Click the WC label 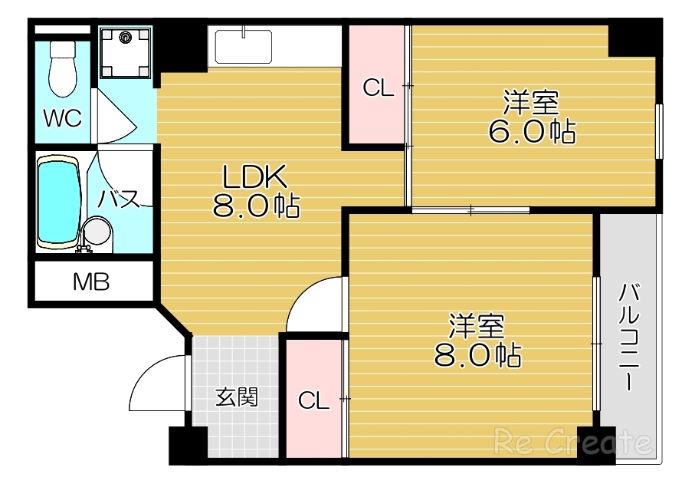click(62, 119)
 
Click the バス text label click(119, 198)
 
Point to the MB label click(91, 283)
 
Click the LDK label click(254, 179)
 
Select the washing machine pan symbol click(127, 51)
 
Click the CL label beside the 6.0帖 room click(378, 89)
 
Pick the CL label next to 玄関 click(313, 400)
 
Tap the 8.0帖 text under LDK click(256, 206)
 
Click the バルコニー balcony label click(629, 337)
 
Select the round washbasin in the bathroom click(97, 232)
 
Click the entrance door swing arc click(157, 384)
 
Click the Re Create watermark click(574, 442)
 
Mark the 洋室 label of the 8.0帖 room click(477, 326)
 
